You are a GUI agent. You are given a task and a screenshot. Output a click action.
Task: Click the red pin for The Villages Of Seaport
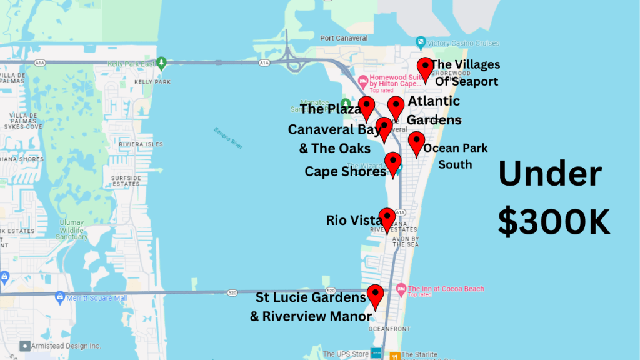click(426, 68)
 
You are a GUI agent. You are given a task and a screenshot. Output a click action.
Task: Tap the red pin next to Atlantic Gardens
click(396, 107)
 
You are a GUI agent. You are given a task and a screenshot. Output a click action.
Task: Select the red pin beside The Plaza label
click(367, 107)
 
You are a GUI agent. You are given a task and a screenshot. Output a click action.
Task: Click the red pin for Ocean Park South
click(416, 142)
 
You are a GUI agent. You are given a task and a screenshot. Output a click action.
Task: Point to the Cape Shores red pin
click(392, 162)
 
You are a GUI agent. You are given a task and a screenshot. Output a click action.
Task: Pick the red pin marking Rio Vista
click(387, 219)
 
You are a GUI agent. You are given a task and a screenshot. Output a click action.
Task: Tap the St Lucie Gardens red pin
click(375, 295)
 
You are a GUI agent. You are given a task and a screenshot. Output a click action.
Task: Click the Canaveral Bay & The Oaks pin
click(384, 127)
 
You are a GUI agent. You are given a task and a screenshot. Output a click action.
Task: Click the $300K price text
click(554, 221)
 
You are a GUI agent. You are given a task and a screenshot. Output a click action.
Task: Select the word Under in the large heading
click(550, 174)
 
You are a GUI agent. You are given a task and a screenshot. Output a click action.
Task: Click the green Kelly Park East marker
click(162, 62)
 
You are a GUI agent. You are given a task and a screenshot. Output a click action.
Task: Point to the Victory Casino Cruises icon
click(421, 43)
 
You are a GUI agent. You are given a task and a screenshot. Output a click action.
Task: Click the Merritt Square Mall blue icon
click(60, 296)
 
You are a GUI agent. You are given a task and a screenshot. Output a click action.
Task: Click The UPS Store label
click(346, 354)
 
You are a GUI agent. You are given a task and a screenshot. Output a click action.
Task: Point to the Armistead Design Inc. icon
click(24, 346)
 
